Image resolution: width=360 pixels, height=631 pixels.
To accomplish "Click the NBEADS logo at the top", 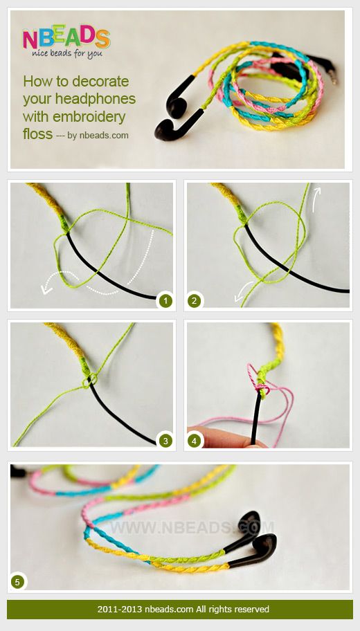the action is coord(66,38).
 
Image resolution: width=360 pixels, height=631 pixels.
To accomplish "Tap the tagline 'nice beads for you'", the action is coord(67,53).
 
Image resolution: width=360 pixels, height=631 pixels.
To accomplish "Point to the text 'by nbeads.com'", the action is coord(98,136).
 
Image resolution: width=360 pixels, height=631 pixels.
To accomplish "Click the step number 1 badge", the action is coord(165,300).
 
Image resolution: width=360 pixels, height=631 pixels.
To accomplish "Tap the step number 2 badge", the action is coord(194,300).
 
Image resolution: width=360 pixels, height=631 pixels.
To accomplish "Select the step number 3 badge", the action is coord(165,441).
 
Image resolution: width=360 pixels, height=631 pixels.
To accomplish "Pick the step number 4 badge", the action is coord(194,441).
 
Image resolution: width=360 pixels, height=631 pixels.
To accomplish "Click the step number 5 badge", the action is coord(17,582).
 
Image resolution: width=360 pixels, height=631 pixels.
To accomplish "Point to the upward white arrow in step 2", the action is coord(316,199).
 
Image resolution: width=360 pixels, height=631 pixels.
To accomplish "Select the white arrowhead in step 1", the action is coord(46,289).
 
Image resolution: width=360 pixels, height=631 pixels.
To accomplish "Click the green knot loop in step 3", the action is coord(90,381).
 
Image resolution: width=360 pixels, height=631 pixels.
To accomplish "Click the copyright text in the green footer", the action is coord(183,609).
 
